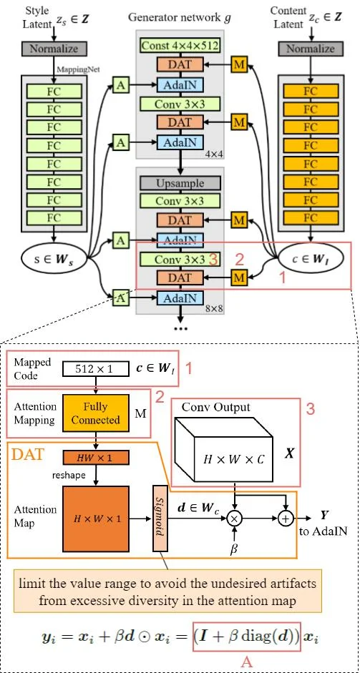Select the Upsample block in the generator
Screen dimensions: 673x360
click(180, 183)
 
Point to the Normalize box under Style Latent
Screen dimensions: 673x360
click(54, 49)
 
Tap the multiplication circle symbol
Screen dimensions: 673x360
click(232, 515)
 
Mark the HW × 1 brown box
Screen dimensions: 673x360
click(95, 456)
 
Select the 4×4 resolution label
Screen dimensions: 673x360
click(210, 153)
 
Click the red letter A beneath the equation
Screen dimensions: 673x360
click(246, 662)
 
